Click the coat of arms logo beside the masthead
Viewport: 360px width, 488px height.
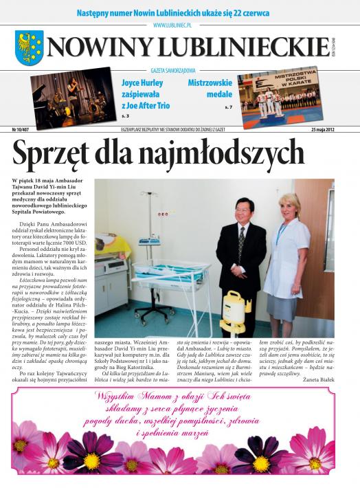(x=29, y=47)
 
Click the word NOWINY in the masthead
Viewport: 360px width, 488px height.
(x=100, y=47)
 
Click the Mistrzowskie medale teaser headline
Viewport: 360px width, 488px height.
(x=210, y=88)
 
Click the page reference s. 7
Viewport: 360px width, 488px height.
(x=228, y=108)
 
